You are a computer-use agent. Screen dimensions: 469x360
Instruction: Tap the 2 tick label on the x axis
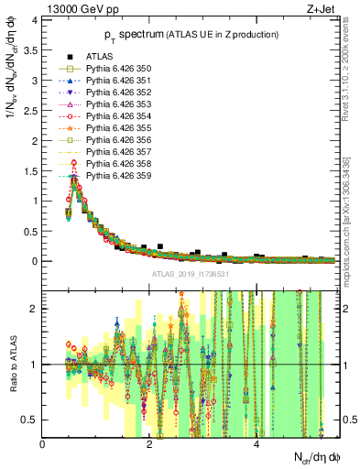149,444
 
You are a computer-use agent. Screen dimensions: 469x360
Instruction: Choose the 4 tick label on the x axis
256,444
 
